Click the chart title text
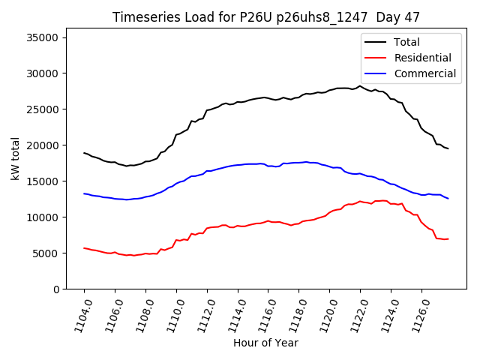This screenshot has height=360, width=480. click(266, 16)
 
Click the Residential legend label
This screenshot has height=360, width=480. click(422, 58)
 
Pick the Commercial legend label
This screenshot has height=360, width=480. click(424, 73)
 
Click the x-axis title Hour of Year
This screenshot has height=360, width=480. click(265, 343)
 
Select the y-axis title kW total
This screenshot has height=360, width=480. click(16, 159)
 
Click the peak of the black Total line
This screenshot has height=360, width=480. click(360, 85)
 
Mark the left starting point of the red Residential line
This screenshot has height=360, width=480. click(84, 248)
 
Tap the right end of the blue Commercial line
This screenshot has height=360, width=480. click(448, 199)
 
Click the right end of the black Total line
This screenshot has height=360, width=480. click(448, 148)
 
